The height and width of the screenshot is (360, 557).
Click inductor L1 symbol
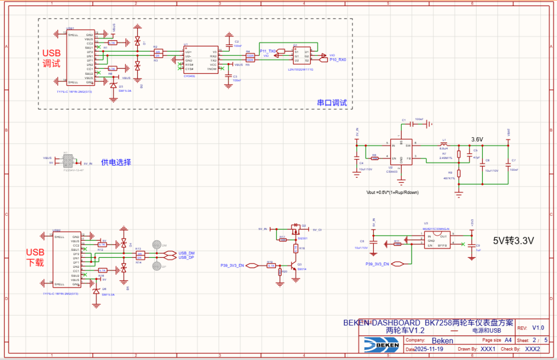click(443, 143)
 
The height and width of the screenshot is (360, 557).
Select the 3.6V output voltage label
click(477, 140)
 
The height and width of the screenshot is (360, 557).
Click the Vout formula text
click(392, 192)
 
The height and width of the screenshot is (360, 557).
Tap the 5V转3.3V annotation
click(513, 240)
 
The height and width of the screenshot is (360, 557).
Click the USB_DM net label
click(186, 253)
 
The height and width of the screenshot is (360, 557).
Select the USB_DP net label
click(186, 257)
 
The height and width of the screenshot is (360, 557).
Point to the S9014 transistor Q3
click(296, 267)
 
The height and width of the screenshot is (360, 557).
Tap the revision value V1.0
click(538, 328)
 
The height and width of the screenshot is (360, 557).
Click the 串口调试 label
click(332, 103)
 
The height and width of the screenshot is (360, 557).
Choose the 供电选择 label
click(116, 162)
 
